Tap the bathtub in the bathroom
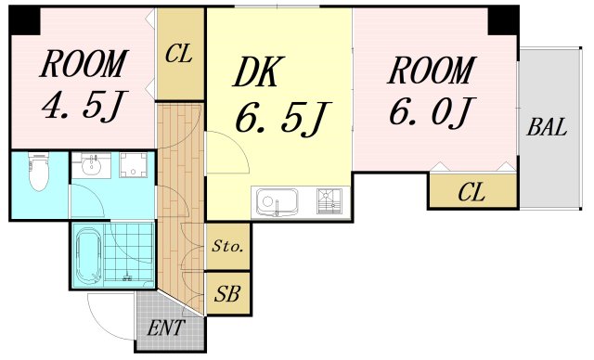point(89,255)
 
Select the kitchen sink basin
point(277,201)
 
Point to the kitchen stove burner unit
point(329,201)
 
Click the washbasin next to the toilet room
point(91,165)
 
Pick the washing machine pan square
point(133,164)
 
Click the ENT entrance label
point(166,328)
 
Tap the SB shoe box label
point(227,293)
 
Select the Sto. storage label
point(227,247)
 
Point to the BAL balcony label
point(547,127)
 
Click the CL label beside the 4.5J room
point(179,54)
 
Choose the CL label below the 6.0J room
point(471,192)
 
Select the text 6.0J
point(432,110)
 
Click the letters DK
point(258,72)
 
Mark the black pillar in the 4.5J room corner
point(24,20)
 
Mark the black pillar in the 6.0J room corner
point(503,20)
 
